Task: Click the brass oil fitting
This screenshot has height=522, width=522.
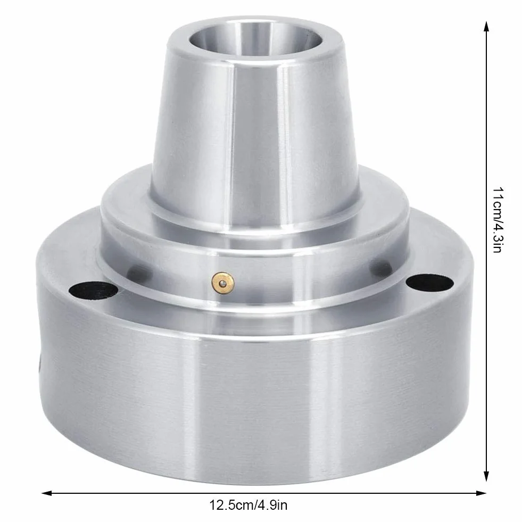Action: [223, 283]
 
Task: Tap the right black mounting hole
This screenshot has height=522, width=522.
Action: [430, 283]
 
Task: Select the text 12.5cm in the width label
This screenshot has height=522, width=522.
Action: [231, 505]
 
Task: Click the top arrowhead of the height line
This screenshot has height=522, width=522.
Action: [486, 27]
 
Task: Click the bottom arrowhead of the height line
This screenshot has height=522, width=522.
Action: [486, 476]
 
